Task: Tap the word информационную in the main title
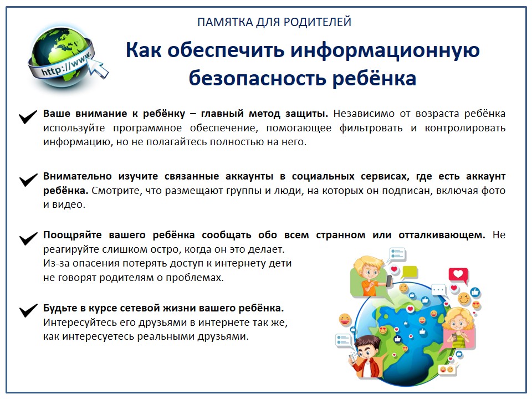click(x=385, y=50)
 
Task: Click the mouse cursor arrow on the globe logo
click(x=99, y=67)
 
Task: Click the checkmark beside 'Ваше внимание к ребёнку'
click(x=28, y=117)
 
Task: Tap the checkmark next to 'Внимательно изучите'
click(x=28, y=180)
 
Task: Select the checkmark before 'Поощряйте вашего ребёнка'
click(x=28, y=238)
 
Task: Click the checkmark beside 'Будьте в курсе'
click(x=28, y=310)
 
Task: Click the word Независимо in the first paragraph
click(x=364, y=113)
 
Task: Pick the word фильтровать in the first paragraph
click(x=371, y=128)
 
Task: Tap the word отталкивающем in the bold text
click(x=442, y=235)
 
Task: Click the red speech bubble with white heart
click(x=458, y=274)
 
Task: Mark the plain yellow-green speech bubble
click(x=409, y=273)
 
